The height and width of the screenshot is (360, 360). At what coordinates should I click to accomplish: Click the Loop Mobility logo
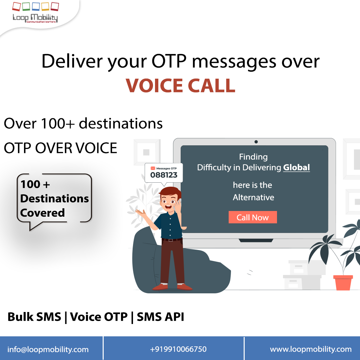[35, 13]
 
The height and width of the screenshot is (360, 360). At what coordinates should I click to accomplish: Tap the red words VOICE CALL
[180, 85]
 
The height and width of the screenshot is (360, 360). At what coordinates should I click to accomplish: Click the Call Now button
[253, 217]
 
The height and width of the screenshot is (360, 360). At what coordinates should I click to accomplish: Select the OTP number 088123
[164, 175]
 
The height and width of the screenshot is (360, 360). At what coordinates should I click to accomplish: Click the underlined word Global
[296, 167]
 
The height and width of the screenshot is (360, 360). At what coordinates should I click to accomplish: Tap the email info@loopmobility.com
[48, 349]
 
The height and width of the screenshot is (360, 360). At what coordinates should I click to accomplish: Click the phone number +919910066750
[178, 349]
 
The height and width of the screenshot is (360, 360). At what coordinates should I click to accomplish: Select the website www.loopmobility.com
[311, 349]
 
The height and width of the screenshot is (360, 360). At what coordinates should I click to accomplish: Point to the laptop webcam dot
[256, 142]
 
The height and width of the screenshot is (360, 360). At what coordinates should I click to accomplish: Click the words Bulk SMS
[34, 317]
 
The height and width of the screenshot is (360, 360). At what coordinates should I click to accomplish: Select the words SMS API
[160, 317]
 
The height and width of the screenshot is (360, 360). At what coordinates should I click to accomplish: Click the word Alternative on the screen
[253, 197]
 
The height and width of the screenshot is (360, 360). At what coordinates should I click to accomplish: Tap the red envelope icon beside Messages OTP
[153, 168]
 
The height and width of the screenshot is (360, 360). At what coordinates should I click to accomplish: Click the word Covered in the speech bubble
[42, 213]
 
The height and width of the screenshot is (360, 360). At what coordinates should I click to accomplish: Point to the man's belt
[172, 239]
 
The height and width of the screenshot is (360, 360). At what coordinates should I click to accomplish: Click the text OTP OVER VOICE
[61, 148]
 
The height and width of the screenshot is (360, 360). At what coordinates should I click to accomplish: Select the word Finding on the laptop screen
[253, 157]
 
